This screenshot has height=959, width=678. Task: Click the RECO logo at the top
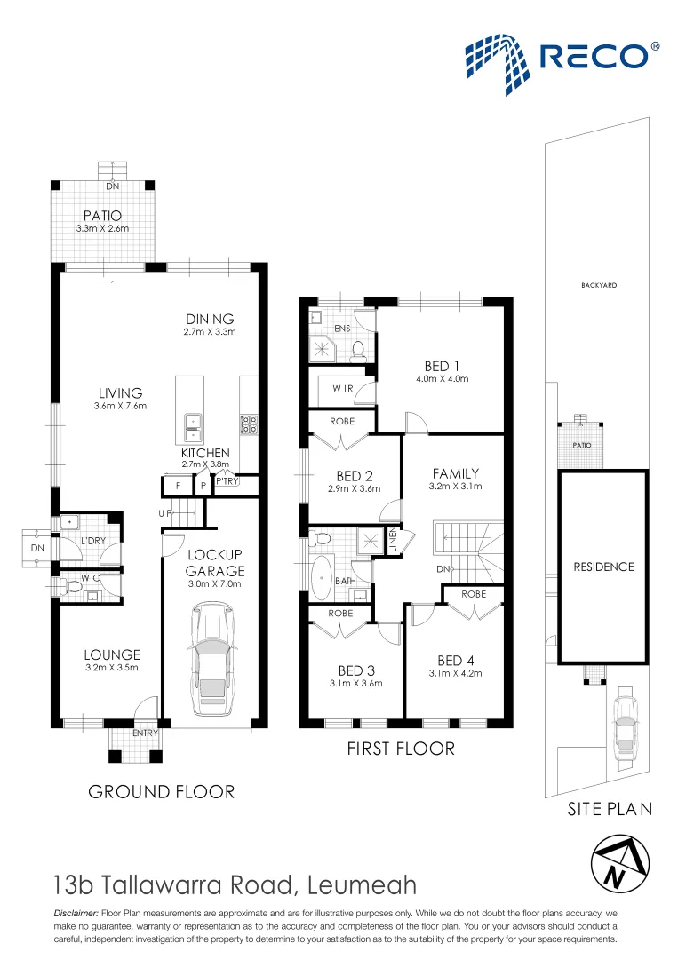pyautogui.click(x=562, y=64)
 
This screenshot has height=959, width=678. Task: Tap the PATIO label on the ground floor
pyautogui.click(x=102, y=215)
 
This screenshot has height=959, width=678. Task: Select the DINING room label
pyautogui.click(x=210, y=319)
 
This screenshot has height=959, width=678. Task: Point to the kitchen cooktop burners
pyautogui.click(x=249, y=424)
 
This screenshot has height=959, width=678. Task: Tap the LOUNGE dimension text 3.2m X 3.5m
pyautogui.click(x=112, y=667)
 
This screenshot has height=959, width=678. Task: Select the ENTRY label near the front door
pyautogui.click(x=146, y=733)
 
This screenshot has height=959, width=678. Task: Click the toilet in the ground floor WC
pyautogui.click(x=73, y=587)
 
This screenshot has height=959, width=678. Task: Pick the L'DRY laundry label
pyautogui.click(x=93, y=541)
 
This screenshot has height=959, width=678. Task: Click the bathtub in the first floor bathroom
pyautogui.click(x=322, y=578)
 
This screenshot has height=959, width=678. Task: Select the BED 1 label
pyautogui.click(x=442, y=366)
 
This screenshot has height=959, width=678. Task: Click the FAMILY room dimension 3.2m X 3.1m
pyautogui.click(x=455, y=487)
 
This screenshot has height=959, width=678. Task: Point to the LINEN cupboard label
pyautogui.click(x=394, y=541)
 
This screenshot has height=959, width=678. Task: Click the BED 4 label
pyautogui.click(x=456, y=661)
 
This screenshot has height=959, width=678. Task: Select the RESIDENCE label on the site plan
pyautogui.click(x=604, y=567)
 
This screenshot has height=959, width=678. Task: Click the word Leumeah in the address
pyautogui.click(x=363, y=885)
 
